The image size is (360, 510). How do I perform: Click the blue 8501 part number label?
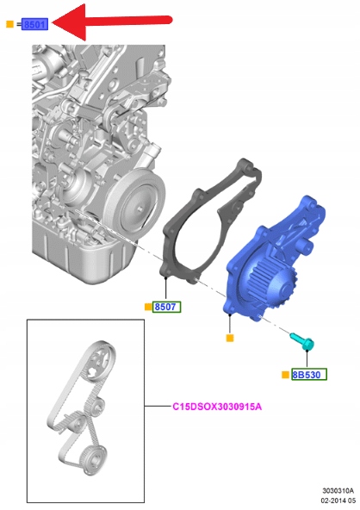pos(34,24)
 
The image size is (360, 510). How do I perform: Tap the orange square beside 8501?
pos(9,24)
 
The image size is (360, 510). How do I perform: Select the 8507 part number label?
pos(167,307)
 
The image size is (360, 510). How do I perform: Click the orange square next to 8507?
pos(148,307)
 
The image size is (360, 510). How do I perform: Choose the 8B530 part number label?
pos(309,375)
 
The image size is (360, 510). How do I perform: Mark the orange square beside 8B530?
pos(285,375)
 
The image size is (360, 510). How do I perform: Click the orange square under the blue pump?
pos(230,339)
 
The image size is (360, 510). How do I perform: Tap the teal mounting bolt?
pos(302,341)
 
